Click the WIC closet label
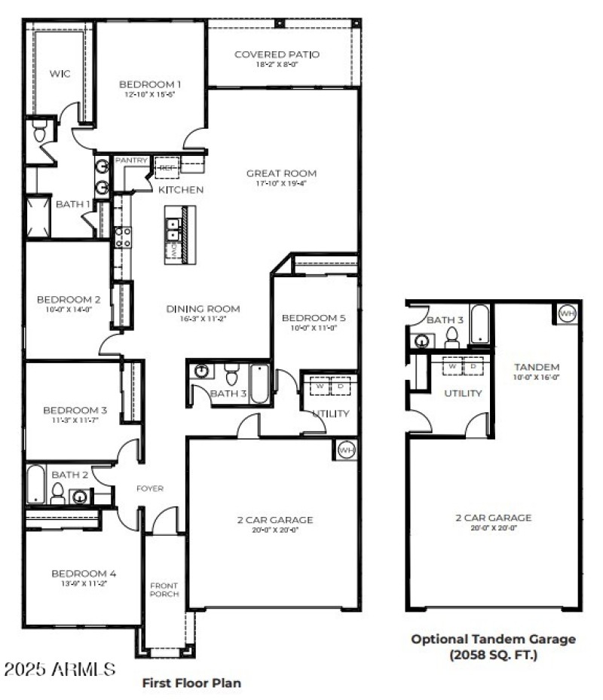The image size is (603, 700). (60, 74)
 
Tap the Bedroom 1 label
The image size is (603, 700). (150, 84)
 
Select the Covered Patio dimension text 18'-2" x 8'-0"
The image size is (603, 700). (277, 65)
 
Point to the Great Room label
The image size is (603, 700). (281, 173)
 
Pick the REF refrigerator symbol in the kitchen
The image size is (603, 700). (166, 167)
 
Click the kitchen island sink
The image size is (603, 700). (175, 225)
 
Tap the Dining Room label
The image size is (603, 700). (203, 308)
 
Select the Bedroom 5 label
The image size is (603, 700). (313, 317)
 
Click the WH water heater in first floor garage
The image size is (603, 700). (346, 450)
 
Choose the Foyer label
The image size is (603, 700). (149, 488)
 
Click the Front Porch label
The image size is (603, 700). (164, 590)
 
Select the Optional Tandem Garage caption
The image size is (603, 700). (493, 647)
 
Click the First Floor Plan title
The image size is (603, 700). (191, 683)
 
